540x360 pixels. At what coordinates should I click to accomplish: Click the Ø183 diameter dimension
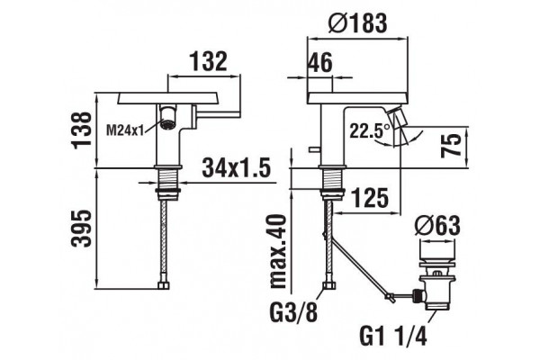coord(357,23)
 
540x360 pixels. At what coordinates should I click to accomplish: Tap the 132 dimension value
coord(209,61)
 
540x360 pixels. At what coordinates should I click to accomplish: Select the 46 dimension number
coord(320,62)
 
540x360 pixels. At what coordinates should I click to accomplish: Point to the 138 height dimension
coord(83,130)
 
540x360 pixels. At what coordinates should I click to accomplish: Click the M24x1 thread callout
coord(124,130)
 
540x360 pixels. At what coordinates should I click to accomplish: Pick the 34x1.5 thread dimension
coord(236,167)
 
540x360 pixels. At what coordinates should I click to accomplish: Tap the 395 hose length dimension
coord(82,229)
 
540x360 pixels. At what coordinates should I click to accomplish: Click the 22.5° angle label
coord(370,130)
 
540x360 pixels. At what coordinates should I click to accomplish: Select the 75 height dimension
coord(451,145)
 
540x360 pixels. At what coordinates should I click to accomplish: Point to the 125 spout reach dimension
coord(370,198)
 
